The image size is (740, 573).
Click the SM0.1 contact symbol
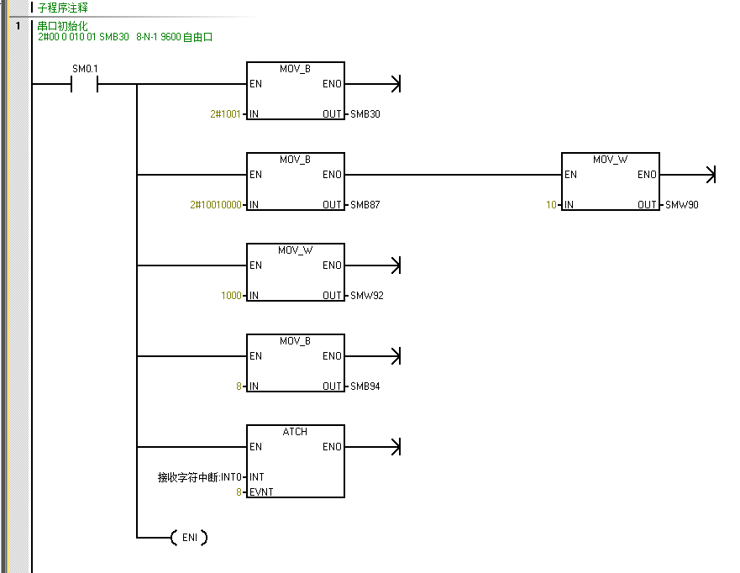click(85, 84)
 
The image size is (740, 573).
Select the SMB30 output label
click(365, 114)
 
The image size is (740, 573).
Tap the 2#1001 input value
click(225, 114)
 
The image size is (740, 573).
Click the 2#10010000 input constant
click(216, 205)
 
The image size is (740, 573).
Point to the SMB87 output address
click(365, 205)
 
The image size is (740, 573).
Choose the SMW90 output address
click(680, 205)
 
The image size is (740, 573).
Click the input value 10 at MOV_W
click(551, 205)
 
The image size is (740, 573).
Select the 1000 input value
click(231, 296)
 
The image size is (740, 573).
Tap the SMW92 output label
click(366, 296)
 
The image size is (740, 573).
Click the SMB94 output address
click(365, 386)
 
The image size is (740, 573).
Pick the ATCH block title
click(295, 432)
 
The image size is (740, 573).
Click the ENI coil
click(189, 538)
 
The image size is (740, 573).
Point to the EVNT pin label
click(261, 492)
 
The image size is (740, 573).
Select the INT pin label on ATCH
click(256, 477)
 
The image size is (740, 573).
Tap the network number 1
click(18, 26)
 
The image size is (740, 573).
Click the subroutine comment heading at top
click(62, 8)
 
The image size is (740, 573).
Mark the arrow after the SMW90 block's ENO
click(709, 175)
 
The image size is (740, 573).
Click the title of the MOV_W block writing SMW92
click(295, 250)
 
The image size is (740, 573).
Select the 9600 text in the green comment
click(171, 38)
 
